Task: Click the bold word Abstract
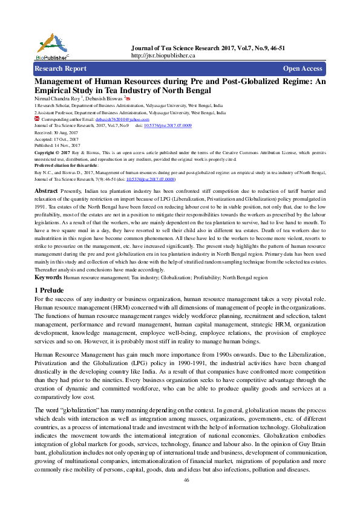46,174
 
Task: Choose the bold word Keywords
48,277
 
